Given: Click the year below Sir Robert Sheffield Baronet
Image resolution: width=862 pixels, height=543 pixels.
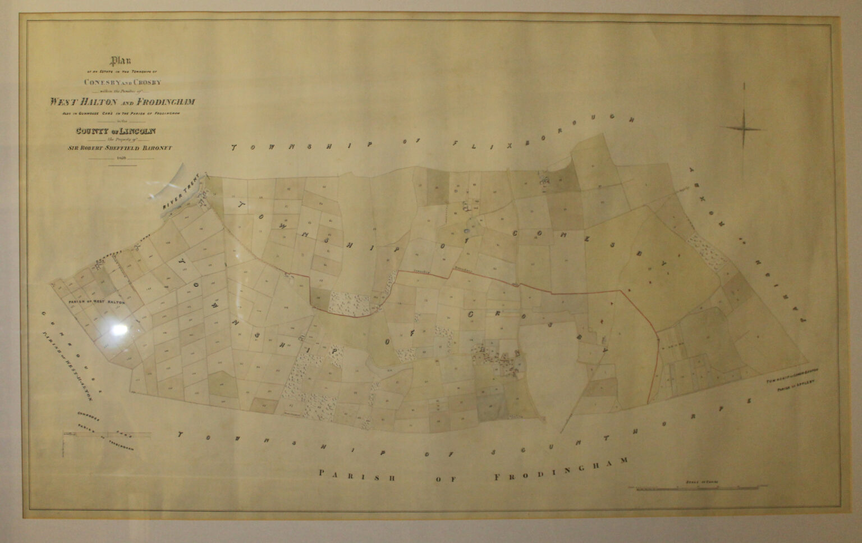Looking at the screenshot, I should point(121,159).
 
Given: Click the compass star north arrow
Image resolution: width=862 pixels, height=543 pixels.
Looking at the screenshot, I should point(744,129).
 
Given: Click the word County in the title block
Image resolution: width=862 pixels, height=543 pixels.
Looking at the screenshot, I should point(93,131).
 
